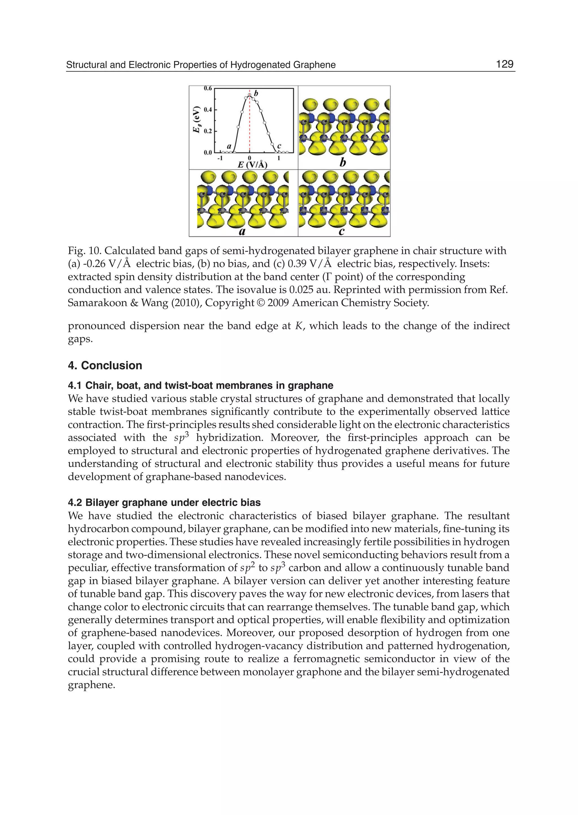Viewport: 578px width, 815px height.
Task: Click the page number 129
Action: [x=504, y=64]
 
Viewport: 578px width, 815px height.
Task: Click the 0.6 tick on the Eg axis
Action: [x=207, y=88]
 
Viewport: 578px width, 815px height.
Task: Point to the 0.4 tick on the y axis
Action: [x=207, y=109]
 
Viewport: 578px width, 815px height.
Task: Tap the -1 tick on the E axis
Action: [x=220, y=158]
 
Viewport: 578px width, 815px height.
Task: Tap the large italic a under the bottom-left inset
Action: [x=242, y=232]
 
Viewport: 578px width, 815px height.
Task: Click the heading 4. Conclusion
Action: [x=105, y=365]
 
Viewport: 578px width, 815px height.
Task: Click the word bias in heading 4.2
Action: [x=251, y=502]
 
